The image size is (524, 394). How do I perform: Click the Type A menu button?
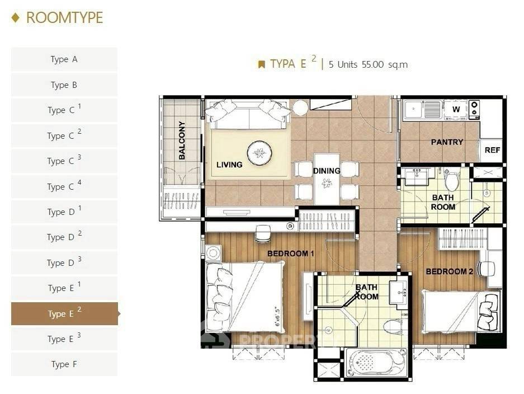pos(64,59)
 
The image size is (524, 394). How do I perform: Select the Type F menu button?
pos(64,364)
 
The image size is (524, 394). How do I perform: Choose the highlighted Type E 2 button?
pos(64,313)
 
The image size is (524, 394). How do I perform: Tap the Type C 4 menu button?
pos(64,186)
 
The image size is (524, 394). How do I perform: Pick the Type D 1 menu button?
pos(64,212)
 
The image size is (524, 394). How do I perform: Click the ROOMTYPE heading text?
pos(64,17)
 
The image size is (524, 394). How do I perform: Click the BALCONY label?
pos(182,141)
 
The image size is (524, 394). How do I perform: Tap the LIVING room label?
pos(229,165)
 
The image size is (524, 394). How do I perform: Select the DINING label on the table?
pos(327,171)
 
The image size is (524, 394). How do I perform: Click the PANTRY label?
pos(447,142)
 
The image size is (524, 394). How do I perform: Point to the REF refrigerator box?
pos(492,150)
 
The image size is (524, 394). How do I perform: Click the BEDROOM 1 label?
pos(291,254)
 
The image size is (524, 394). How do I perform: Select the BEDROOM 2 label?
pos(450,271)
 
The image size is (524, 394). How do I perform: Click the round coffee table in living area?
pos(259,152)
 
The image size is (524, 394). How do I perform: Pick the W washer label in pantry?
pos(456,109)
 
